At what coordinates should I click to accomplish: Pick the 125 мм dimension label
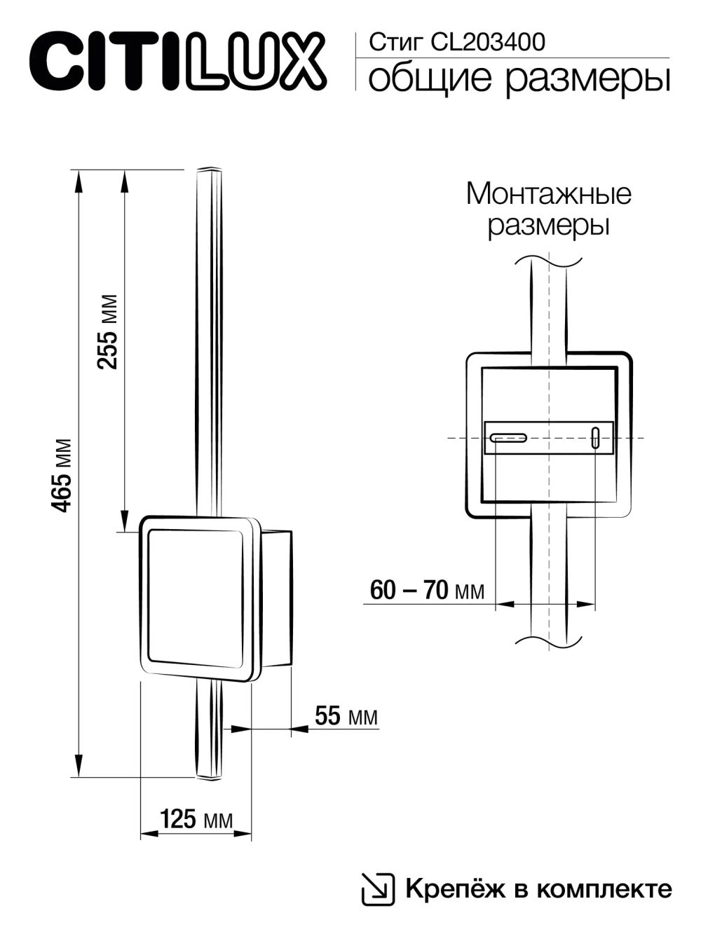point(196,819)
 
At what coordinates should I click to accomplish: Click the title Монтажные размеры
point(548,210)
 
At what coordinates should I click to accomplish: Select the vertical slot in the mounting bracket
point(595,438)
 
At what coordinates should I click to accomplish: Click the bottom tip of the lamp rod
point(207,776)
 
